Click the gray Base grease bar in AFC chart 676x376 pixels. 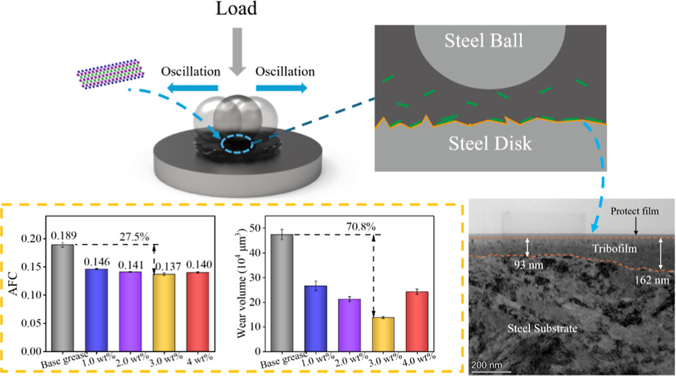click(x=62, y=298)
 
